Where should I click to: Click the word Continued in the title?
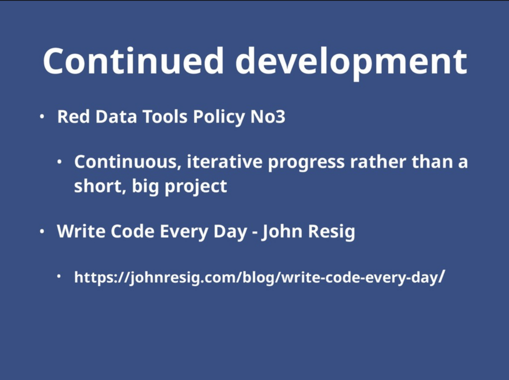pyautogui.click(x=133, y=61)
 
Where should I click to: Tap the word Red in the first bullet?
pyautogui.click(x=74, y=116)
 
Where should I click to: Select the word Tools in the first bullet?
pyautogui.click(x=165, y=116)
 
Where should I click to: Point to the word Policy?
pyautogui.click(x=219, y=117)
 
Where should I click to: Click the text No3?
pyautogui.click(x=268, y=117)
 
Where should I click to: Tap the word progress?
pyautogui.click(x=306, y=163)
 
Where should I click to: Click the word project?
pyautogui.click(x=196, y=187)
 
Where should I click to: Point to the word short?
pyautogui.click(x=100, y=186)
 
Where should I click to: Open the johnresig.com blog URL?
pyautogui.click(x=259, y=278)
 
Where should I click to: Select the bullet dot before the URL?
pyautogui.click(x=59, y=276)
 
